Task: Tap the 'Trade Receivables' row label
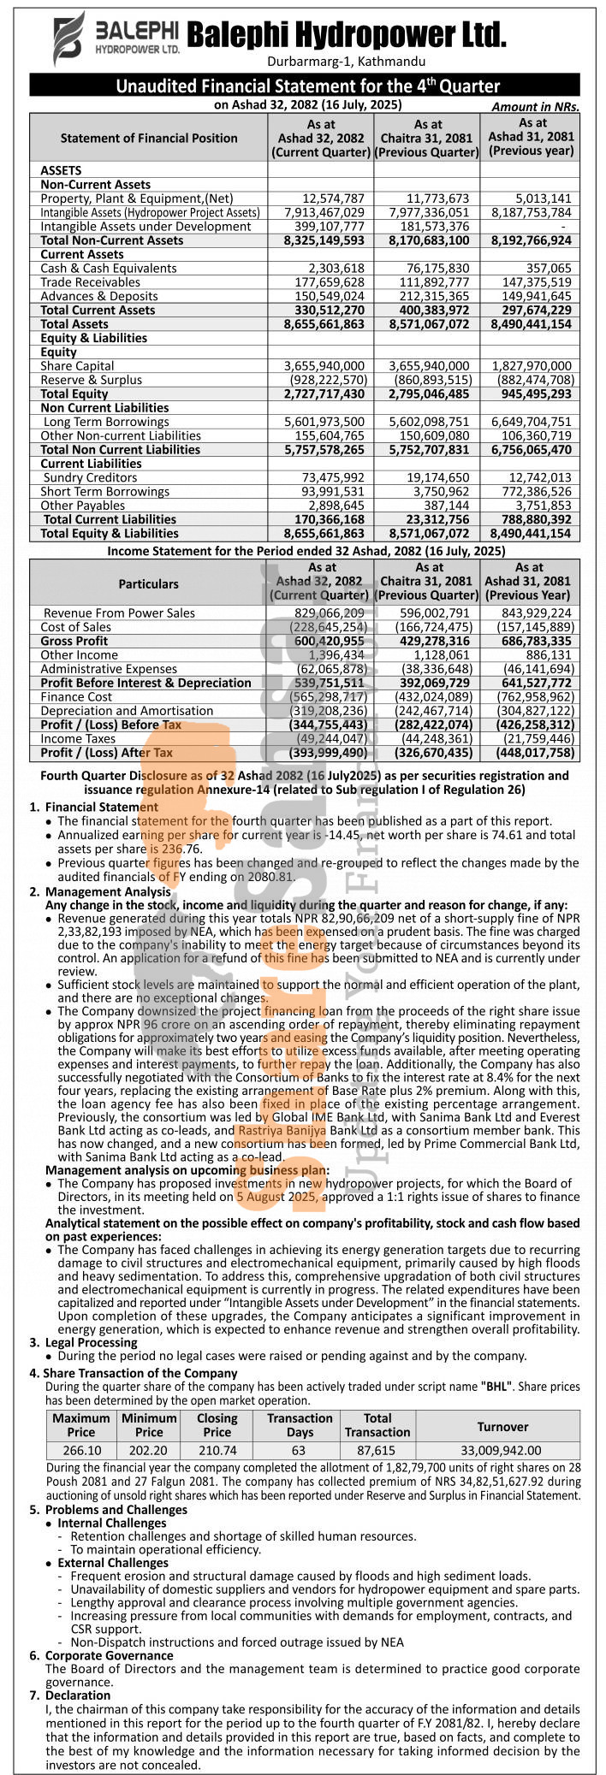(x=90, y=282)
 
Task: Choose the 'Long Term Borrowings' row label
(x=106, y=422)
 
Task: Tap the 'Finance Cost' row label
(x=76, y=697)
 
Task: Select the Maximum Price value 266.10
(x=81, y=1451)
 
